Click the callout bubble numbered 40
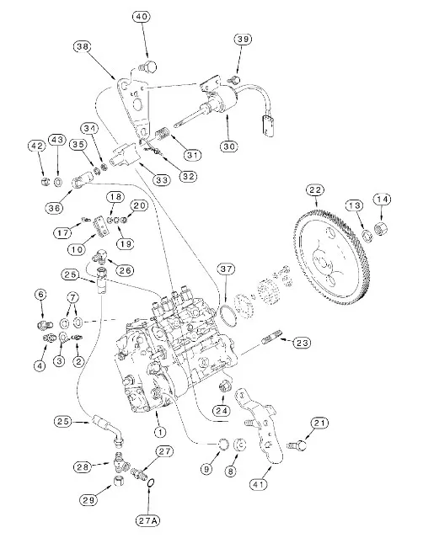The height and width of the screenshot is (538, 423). point(141,17)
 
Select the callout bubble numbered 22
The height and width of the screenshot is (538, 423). point(315,190)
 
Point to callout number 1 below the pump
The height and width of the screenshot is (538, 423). point(160,432)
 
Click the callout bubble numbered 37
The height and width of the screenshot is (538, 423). point(227,269)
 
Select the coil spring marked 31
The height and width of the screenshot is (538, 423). point(162,133)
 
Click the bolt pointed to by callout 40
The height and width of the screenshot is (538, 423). point(148,67)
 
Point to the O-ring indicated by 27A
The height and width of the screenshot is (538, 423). point(150,483)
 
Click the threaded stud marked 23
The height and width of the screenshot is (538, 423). point(272,337)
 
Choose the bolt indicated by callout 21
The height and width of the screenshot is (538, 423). point(297,445)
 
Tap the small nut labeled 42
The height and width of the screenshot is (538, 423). point(44,181)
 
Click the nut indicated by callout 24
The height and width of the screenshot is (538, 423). point(223,387)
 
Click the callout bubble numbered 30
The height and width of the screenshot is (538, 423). point(229,146)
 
